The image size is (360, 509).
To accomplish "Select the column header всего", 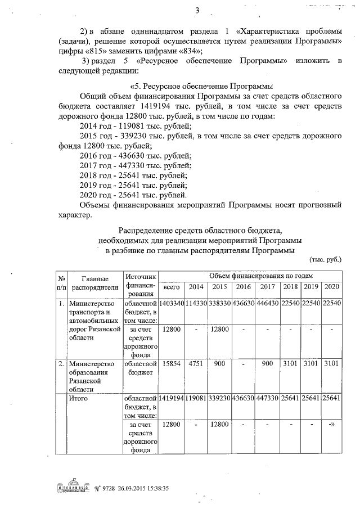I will pos(171,287).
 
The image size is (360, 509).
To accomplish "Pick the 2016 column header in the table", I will pos(243,287).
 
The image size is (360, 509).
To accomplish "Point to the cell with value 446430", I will pos(267,304).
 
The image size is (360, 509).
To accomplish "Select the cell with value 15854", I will pos(171,363).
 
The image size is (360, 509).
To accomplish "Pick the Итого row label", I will pos(79,398).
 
